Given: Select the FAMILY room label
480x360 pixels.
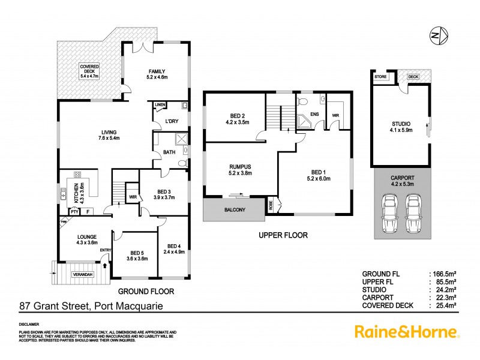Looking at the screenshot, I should click(157, 73).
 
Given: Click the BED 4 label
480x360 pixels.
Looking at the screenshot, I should click(174, 250).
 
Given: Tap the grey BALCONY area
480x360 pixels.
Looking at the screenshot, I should click(234, 211).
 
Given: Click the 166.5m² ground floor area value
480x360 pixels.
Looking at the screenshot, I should click(444, 273).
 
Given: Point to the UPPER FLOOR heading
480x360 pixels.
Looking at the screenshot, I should click(283, 236).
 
